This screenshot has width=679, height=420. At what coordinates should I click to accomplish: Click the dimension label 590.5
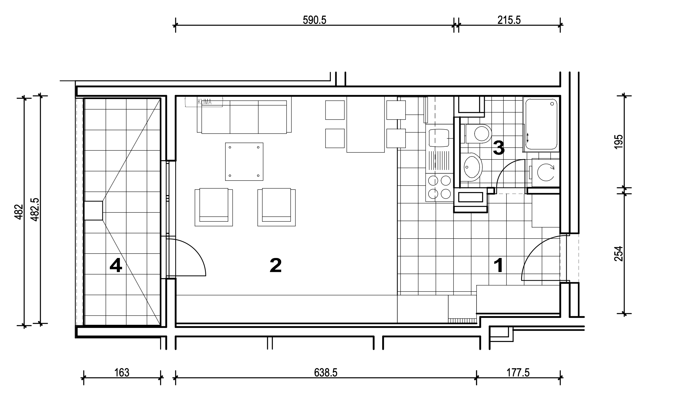314,20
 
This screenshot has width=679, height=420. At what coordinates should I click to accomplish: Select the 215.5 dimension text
509,20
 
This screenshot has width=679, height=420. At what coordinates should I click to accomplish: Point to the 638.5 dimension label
325,373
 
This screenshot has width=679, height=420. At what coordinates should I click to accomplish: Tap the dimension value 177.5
518,373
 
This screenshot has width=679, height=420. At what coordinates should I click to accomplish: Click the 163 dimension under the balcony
122,373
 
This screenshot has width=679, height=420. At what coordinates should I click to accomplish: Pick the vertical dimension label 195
619,142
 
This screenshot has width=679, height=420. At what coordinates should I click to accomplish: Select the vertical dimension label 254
619,254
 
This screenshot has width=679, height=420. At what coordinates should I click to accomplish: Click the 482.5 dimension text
35,209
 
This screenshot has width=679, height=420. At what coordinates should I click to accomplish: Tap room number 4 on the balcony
116,265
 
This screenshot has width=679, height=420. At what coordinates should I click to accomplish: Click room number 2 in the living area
276,265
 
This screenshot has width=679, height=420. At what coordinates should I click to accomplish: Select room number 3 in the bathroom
499,148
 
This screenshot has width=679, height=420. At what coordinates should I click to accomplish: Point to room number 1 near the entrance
499,265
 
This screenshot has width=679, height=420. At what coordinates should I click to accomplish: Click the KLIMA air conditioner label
204,102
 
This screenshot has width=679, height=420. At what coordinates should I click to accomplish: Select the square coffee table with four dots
244,162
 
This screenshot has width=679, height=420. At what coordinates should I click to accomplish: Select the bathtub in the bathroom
541,124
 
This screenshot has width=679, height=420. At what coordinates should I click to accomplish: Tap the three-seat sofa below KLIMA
244,117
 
